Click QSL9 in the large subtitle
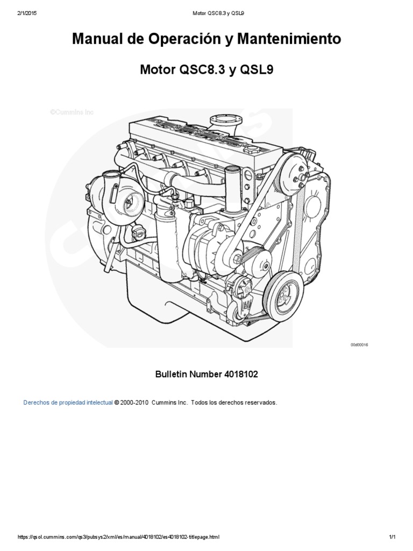[x=257, y=69]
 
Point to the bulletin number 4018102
[x=240, y=374]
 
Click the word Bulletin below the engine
[x=172, y=374]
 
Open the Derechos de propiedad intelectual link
[x=68, y=402]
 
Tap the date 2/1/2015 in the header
[x=27, y=13]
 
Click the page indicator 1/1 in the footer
[x=392, y=537]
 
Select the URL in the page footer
[x=118, y=537]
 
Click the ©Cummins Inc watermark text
[x=72, y=112]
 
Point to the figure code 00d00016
[x=359, y=345]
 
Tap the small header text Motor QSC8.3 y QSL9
[x=218, y=13]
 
